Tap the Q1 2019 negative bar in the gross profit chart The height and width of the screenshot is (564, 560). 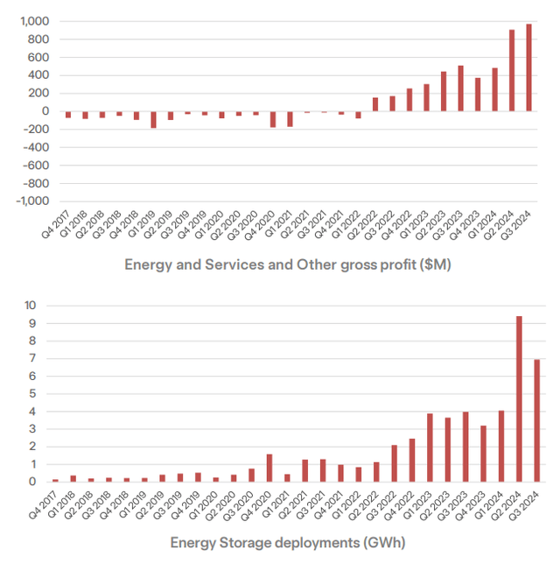click(x=153, y=119)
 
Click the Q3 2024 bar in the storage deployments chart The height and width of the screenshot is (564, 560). click(x=536, y=420)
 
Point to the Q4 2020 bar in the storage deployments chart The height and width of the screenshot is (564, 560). click(x=269, y=468)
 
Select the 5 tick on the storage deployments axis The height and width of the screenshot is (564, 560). click(x=33, y=393)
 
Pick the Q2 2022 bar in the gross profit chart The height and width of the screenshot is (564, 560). click(x=375, y=103)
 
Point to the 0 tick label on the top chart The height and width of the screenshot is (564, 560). click(x=41, y=110)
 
